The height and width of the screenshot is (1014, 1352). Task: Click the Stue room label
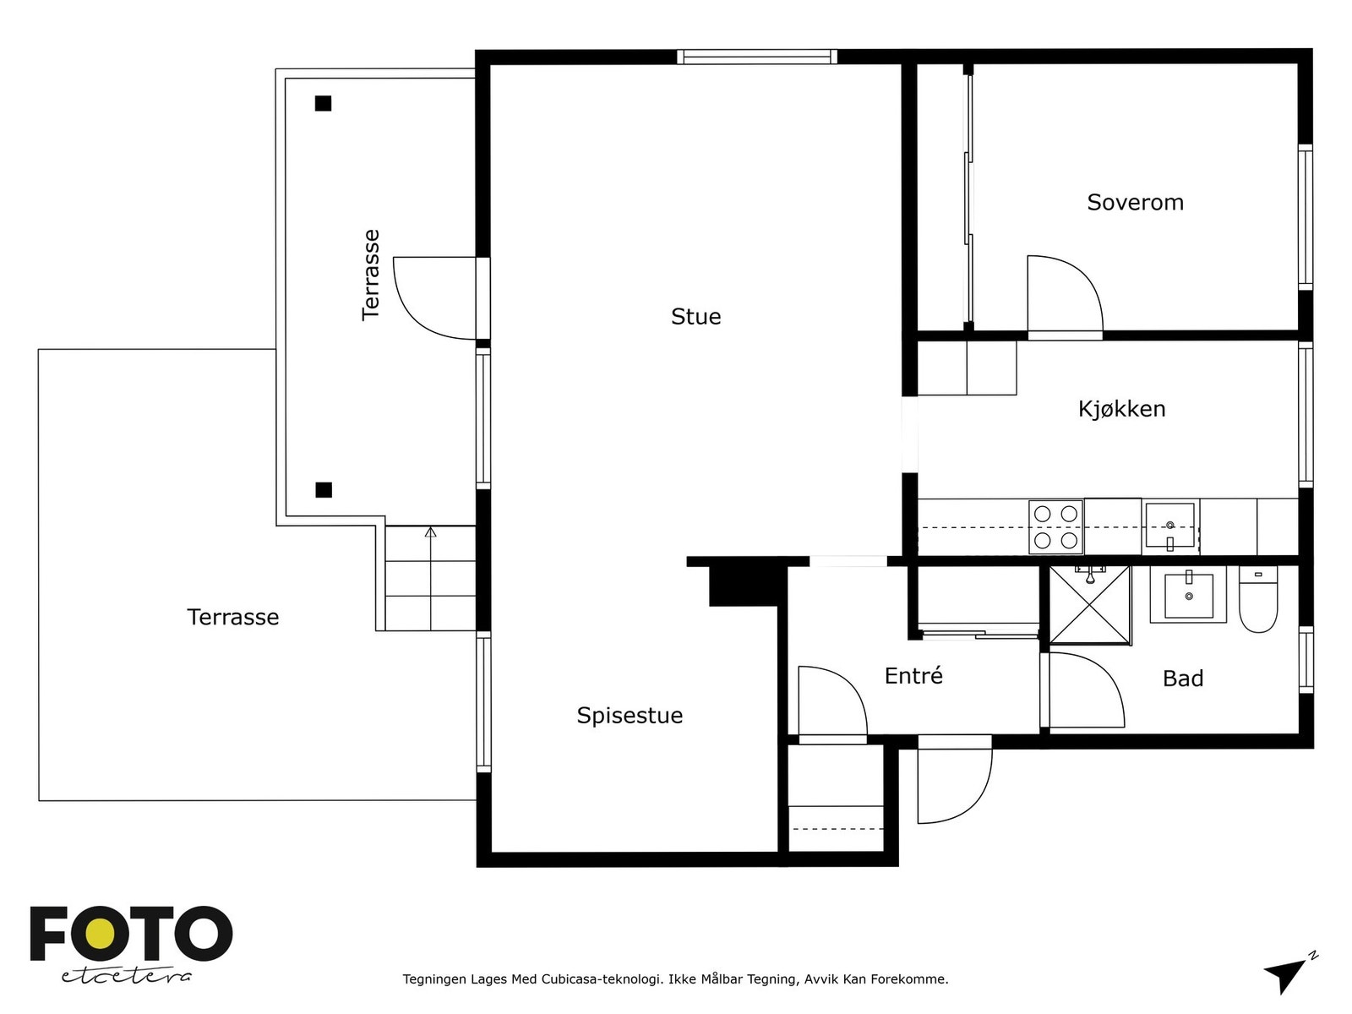point(695,316)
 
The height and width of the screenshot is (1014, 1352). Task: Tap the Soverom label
point(1135,203)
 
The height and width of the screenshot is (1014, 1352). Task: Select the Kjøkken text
point(1121,409)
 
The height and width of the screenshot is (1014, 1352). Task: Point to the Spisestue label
point(630,716)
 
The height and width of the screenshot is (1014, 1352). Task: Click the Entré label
point(913,675)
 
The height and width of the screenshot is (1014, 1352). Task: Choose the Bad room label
point(1183,679)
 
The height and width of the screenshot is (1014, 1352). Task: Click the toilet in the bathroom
point(1257,599)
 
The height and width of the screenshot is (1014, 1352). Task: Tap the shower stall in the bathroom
point(1090,606)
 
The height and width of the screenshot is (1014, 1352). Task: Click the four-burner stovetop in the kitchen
point(1055,527)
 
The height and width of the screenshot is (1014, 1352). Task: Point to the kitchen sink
point(1169,526)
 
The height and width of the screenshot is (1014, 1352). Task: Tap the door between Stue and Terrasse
point(435,298)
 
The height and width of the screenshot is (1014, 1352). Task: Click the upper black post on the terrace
point(323,103)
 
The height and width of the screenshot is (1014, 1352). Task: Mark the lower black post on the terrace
point(324,490)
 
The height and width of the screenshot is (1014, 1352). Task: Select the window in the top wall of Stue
point(757,57)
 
